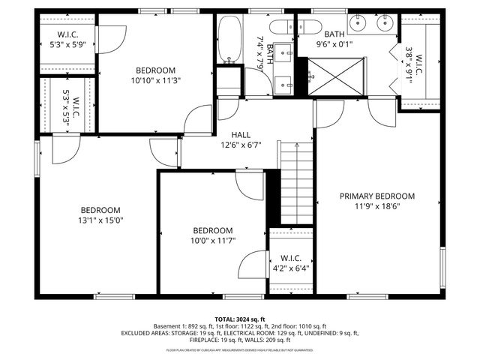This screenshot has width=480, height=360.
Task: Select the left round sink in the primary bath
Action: click(355, 23)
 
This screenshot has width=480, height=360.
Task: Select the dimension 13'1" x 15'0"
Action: click(100, 220)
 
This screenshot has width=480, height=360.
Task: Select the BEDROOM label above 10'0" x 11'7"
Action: click(212, 230)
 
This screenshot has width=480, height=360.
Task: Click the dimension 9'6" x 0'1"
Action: click(333, 43)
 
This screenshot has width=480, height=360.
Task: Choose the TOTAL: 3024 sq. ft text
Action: click(239, 318)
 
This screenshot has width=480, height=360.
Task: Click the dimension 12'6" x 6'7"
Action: click(240, 145)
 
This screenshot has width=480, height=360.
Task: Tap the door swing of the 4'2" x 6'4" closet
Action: click(252, 265)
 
